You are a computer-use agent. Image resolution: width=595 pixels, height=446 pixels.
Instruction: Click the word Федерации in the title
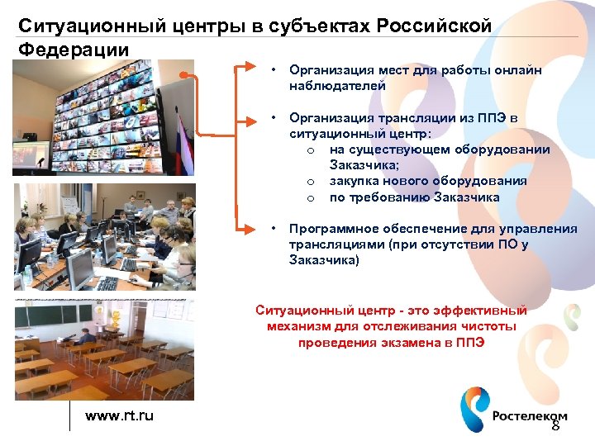[x=74, y=49]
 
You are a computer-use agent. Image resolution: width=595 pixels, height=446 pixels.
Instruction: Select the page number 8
[x=555, y=426]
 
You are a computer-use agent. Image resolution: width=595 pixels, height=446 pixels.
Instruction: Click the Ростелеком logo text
[x=530, y=415]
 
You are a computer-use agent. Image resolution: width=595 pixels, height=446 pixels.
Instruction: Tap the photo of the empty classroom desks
[x=104, y=350]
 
